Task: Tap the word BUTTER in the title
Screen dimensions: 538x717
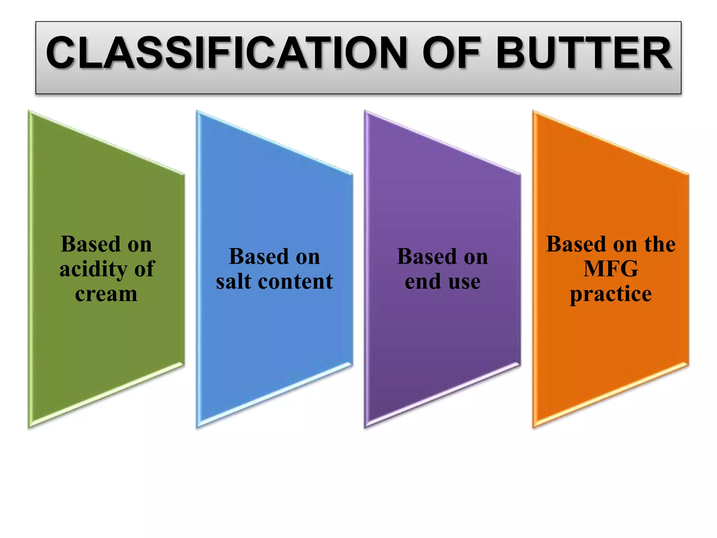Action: [x=584, y=53]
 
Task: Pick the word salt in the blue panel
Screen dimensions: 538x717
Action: [x=234, y=281]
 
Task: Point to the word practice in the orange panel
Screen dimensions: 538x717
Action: [x=611, y=294]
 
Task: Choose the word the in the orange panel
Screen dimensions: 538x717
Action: [x=660, y=244]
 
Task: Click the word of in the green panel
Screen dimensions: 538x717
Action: [x=144, y=269]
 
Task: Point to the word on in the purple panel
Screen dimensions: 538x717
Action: [x=476, y=257]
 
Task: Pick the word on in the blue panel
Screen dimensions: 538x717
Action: [x=308, y=257]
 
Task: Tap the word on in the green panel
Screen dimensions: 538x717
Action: [x=140, y=245]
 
